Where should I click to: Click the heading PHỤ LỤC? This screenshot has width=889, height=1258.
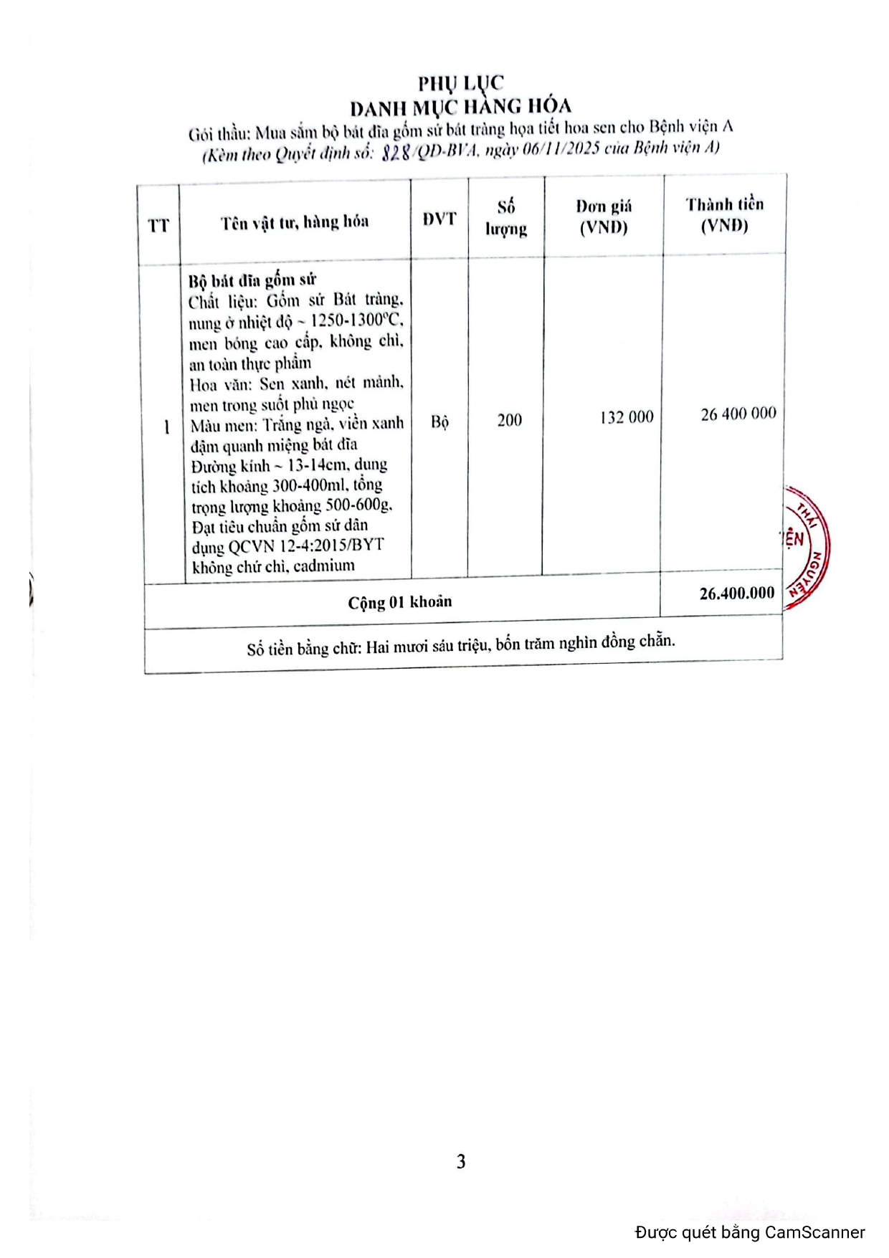point(460,83)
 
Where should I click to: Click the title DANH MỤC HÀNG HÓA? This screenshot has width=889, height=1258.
point(460,108)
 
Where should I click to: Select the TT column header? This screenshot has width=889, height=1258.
point(158,226)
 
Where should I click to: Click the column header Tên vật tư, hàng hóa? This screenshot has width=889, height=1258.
point(295,222)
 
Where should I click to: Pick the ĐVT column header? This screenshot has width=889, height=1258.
point(439,219)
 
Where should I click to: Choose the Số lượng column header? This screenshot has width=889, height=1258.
point(506,218)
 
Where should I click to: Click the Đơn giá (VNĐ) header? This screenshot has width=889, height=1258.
point(604,216)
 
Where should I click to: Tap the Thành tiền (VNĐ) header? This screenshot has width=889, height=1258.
point(724,215)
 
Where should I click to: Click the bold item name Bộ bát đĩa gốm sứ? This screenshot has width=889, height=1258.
point(252,280)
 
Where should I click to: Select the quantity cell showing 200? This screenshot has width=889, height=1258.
point(509,420)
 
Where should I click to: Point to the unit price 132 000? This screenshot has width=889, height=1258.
point(627,417)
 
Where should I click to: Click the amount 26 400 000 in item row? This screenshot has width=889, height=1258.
point(738,414)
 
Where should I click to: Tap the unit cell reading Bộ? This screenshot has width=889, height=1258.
point(439,421)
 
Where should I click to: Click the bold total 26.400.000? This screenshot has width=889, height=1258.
point(736,594)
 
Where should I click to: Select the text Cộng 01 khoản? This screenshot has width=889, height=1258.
point(400,602)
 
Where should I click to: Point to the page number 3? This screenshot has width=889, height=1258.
point(461,1161)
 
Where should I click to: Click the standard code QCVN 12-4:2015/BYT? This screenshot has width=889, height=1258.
point(306,546)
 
